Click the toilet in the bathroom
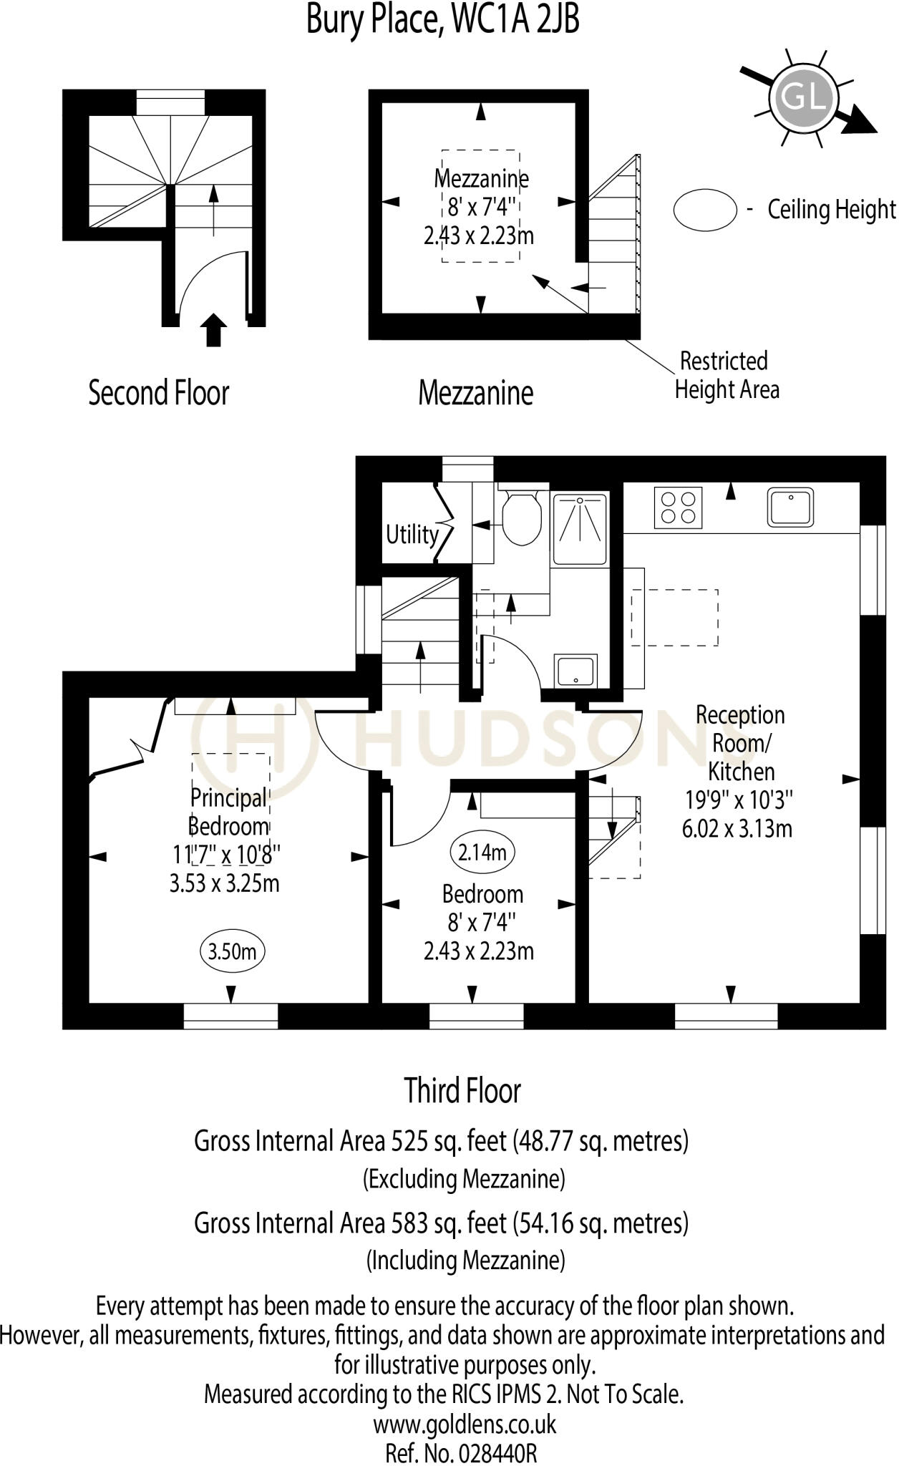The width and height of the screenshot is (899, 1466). coord(520,519)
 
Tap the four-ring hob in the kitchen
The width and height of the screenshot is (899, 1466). coord(677,508)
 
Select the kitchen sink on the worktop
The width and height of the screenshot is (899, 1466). coord(790,507)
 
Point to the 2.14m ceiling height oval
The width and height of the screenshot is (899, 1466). coord(482,852)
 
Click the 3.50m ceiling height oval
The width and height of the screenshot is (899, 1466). coord(231,951)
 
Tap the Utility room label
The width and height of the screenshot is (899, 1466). coord(412,535)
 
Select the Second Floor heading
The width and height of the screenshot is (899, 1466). coord(158,393)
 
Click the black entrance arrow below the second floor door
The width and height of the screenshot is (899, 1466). coord(213,330)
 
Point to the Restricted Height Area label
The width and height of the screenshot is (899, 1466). coord(726,375)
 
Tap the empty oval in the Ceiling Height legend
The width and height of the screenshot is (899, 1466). coord(705,210)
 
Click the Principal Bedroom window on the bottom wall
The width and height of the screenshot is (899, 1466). coord(230,1016)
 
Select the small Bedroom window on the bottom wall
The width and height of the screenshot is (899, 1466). coord(476,1016)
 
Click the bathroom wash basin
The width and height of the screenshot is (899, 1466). coord(576,671)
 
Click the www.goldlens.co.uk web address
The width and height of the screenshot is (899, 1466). coord(464,1424)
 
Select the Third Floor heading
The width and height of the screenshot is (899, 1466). coord(462,1091)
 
